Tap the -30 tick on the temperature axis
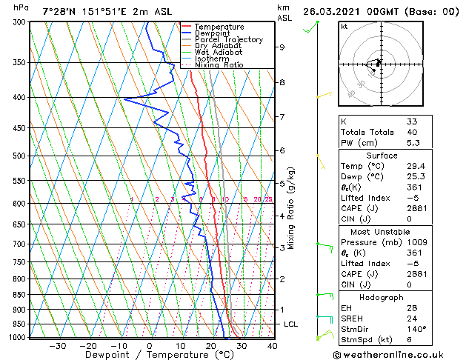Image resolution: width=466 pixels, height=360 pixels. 57,345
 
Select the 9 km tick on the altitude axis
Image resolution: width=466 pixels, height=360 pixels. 282,47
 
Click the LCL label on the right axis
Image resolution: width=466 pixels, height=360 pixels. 292,324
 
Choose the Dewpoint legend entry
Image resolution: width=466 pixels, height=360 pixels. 210,33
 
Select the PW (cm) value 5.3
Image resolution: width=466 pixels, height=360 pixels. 413,143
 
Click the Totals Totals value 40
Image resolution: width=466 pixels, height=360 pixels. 413,132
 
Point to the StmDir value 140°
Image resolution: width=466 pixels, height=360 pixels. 416,329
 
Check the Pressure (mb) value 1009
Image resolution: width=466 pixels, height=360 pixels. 416,241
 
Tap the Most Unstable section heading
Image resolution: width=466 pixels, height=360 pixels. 380,231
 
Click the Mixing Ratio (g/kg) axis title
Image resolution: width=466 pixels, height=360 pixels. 292,209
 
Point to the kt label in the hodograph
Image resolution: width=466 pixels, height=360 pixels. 344,27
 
